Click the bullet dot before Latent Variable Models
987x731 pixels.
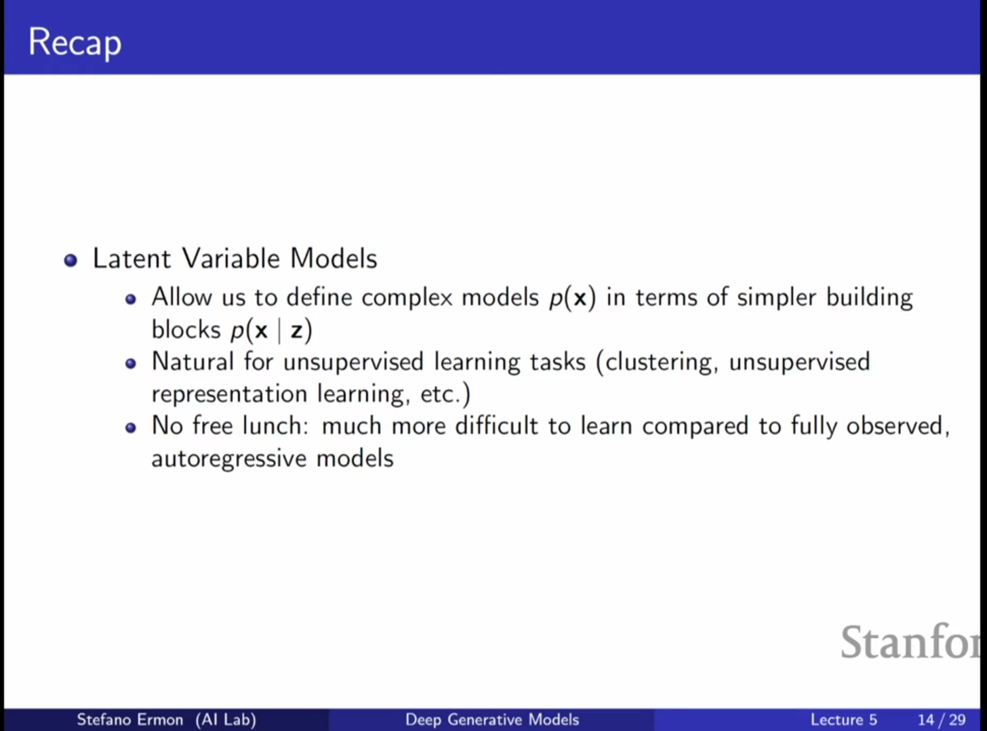[70, 260]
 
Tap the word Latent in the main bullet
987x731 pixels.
[132, 258]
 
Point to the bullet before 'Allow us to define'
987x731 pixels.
[130, 299]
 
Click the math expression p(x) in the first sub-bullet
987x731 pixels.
[572, 297]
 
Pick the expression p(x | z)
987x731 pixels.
[271, 331]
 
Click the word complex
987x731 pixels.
[407, 297]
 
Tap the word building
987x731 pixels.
[870, 297]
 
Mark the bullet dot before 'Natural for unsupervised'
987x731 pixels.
[130, 364]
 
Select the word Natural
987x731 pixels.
[193, 361]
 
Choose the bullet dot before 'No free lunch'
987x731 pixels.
[130, 428]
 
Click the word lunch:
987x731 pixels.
[275, 425]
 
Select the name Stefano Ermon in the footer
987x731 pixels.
[130, 719]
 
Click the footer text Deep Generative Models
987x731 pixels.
[492, 719]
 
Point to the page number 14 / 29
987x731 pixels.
[942, 720]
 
